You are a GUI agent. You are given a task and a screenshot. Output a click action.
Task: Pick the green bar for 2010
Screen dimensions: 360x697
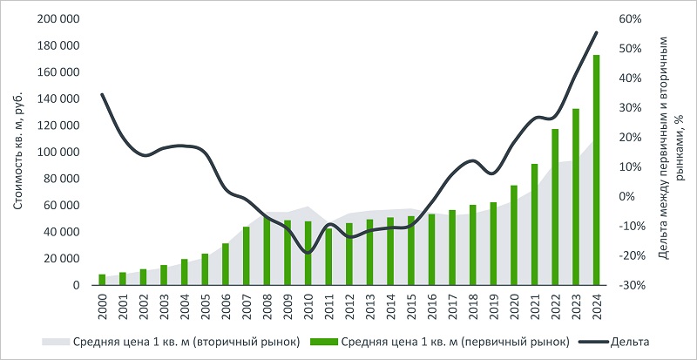(308, 253)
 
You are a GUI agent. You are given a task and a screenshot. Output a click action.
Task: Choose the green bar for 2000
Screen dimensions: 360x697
(102, 280)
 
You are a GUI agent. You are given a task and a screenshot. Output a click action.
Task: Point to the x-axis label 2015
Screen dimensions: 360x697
(410, 307)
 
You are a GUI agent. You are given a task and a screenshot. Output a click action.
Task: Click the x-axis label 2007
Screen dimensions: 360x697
(247, 307)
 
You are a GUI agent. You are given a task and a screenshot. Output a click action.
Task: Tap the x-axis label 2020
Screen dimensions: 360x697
(514, 307)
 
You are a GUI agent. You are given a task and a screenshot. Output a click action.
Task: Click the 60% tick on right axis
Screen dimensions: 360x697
(631, 19)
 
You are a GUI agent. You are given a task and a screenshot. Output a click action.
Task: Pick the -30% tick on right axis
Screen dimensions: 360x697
(631, 285)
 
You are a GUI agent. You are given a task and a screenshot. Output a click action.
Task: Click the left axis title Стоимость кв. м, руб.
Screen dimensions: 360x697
(18, 153)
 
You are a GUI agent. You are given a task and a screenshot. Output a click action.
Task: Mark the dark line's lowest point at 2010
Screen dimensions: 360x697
(308, 253)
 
